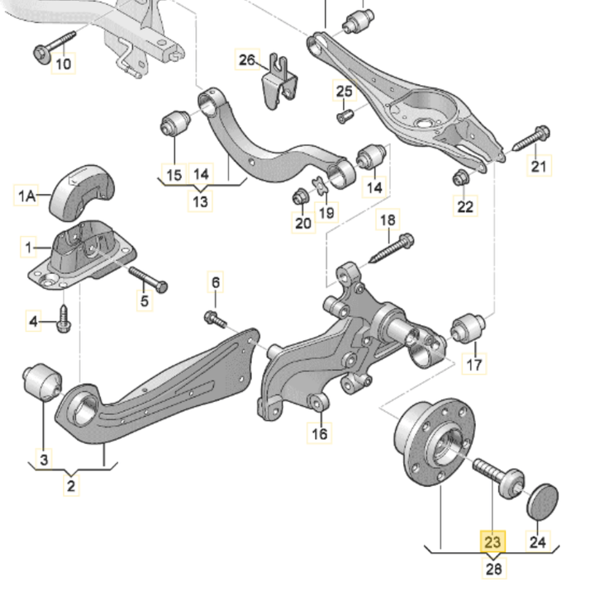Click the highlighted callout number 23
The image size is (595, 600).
coord(493,542)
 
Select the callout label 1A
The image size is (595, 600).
coord(26,196)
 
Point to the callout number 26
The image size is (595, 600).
coord(248,60)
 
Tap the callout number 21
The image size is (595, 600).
coord(539,167)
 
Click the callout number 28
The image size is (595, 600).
coord(493,568)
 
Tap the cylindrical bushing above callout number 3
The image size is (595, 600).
coord(41,382)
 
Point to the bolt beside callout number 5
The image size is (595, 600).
coord(148,278)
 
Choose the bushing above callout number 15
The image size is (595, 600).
coord(175,123)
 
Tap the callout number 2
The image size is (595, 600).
coord(71,485)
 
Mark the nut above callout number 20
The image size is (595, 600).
coord(302,197)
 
